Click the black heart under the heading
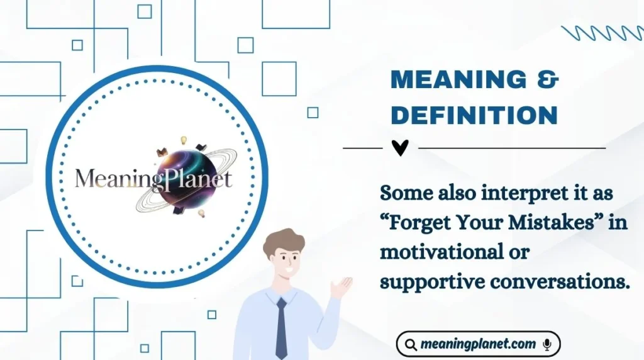(x=400, y=148)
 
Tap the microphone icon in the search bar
(x=547, y=344)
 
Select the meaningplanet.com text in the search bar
(x=479, y=344)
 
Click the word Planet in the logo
(x=201, y=179)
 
